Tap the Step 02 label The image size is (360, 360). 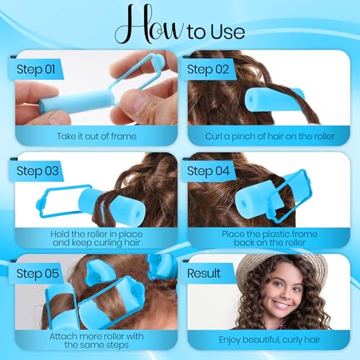pos(210,69)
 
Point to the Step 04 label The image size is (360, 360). pos(210,172)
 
